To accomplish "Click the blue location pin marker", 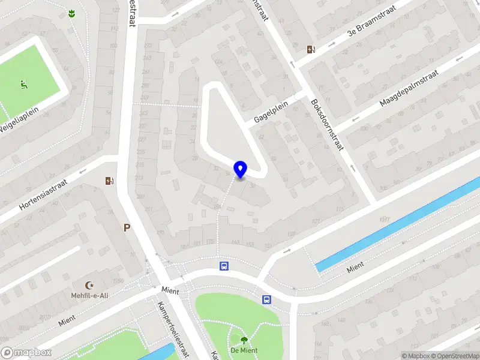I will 240,170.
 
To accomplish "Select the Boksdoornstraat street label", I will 326,124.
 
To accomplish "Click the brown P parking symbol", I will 127,227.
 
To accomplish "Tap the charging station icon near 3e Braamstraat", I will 311,50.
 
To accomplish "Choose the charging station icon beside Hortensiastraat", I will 109,181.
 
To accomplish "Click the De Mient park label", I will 244,350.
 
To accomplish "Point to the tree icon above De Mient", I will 244,340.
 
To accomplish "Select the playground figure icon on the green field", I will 25,85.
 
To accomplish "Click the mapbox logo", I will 26,353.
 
